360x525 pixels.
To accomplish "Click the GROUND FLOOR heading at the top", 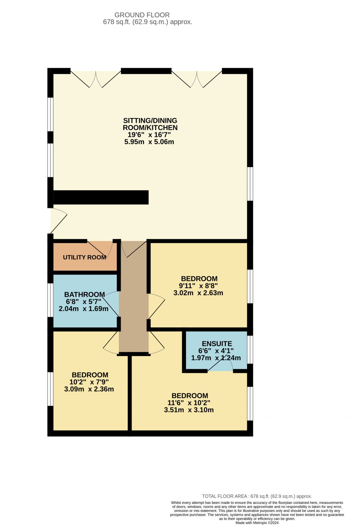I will point(142,15).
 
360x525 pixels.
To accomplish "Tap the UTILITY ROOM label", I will point(84,257).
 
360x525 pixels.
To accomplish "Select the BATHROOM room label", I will point(84,295).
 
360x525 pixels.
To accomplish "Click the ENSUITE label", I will point(217,344).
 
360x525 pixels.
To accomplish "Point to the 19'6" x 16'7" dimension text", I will point(149,135).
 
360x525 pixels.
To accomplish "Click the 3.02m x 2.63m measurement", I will point(198,293).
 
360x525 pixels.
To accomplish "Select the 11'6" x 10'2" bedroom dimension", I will point(189,403).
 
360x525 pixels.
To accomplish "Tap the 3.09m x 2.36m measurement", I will point(89,389).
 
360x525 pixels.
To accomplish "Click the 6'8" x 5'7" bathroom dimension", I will point(83,302).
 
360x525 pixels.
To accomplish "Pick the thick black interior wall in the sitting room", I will point(101,197).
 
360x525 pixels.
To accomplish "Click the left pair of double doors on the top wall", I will point(96,79).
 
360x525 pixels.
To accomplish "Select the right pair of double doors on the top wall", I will point(197,79).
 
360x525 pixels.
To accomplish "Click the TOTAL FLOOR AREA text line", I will point(257,496).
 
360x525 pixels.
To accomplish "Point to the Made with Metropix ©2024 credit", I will point(257,523).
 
